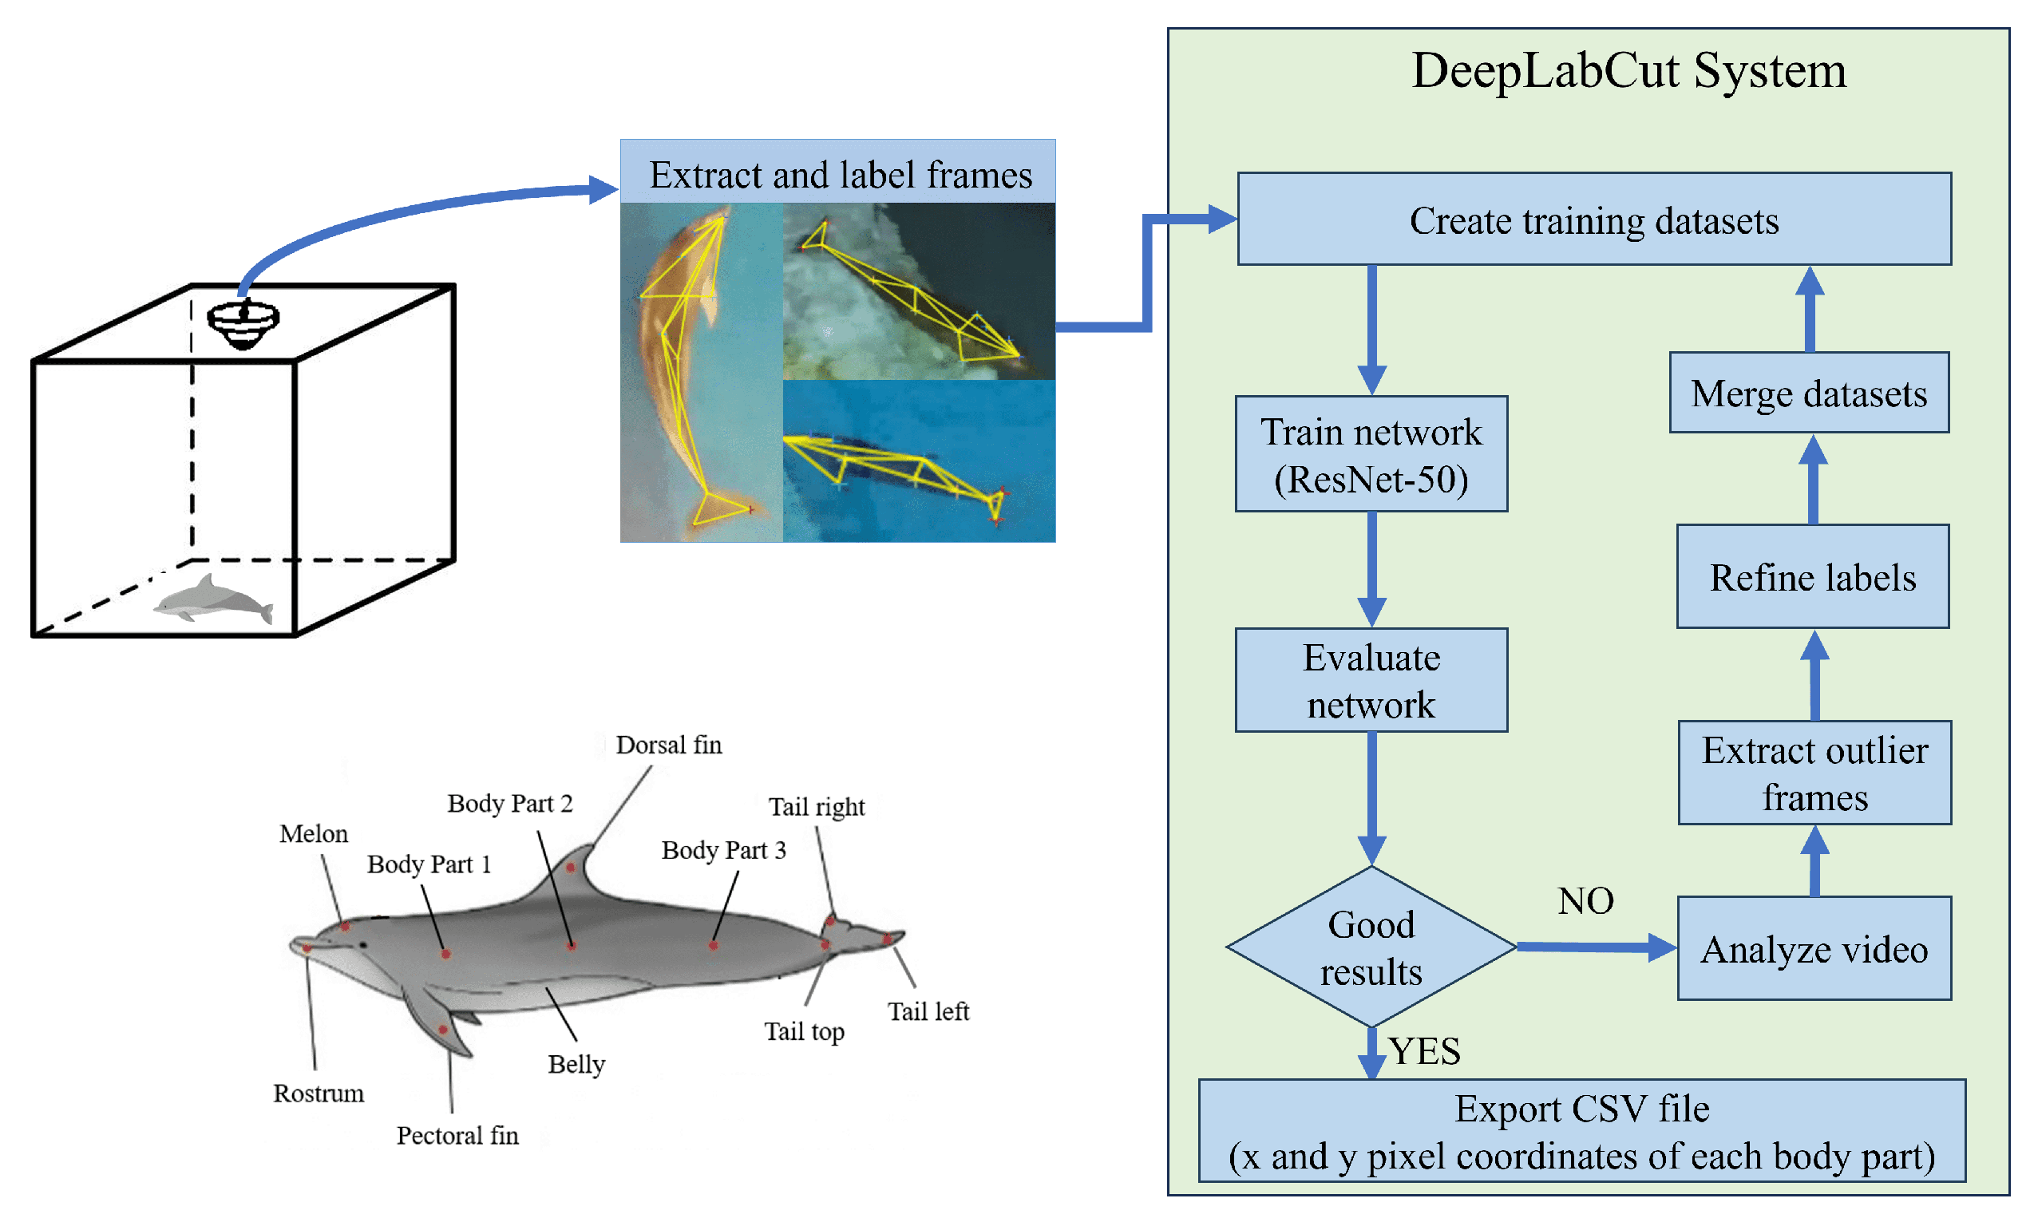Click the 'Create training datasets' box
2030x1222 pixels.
click(x=1593, y=219)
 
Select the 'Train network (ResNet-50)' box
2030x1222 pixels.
click(x=1371, y=454)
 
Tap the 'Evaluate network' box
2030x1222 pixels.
click(x=1371, y=680)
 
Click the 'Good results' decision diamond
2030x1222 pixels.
click(x=1371, y=947)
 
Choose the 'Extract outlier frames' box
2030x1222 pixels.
click(x=1814, y=773)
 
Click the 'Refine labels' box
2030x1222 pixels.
click(x=1812, y=576)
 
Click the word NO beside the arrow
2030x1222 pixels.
click(x=1585, y=900)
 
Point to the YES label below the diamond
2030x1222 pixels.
click(x=1424, y=1050)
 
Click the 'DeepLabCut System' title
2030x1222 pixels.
click(x=1628, y=71)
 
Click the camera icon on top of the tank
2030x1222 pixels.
click(x=243, y=322)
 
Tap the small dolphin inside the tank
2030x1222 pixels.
click(x=213, y=599)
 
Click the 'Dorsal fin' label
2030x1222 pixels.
click(x=668, y=745)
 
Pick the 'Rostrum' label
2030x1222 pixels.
click(x=318, y=1093)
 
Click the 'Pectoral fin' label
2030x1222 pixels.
click(x=457, y=1136)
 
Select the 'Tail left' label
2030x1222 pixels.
click(x=928, y=1010)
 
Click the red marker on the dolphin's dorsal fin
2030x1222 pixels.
click(x=571, y=867)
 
